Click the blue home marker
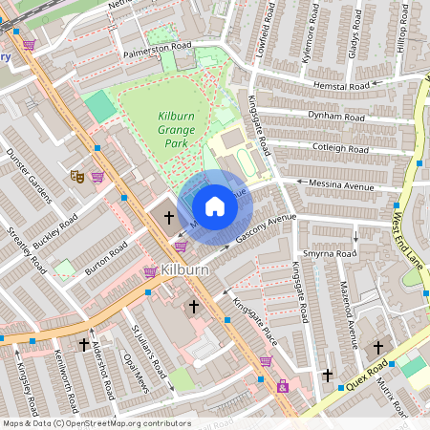[x=215, y=206]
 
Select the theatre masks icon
[x=77, y=176]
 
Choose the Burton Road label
[x=105, y=259]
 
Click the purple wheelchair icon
[x=282, y=387]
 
